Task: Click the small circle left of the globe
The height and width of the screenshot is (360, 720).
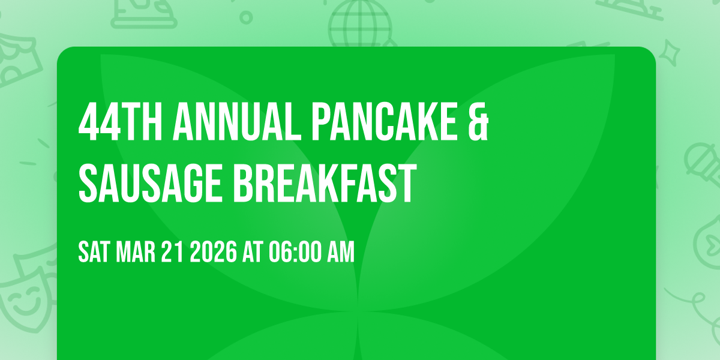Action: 246,17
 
